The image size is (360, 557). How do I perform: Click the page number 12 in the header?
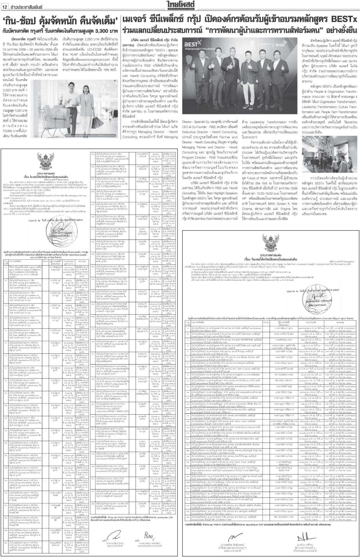click(5, 4)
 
